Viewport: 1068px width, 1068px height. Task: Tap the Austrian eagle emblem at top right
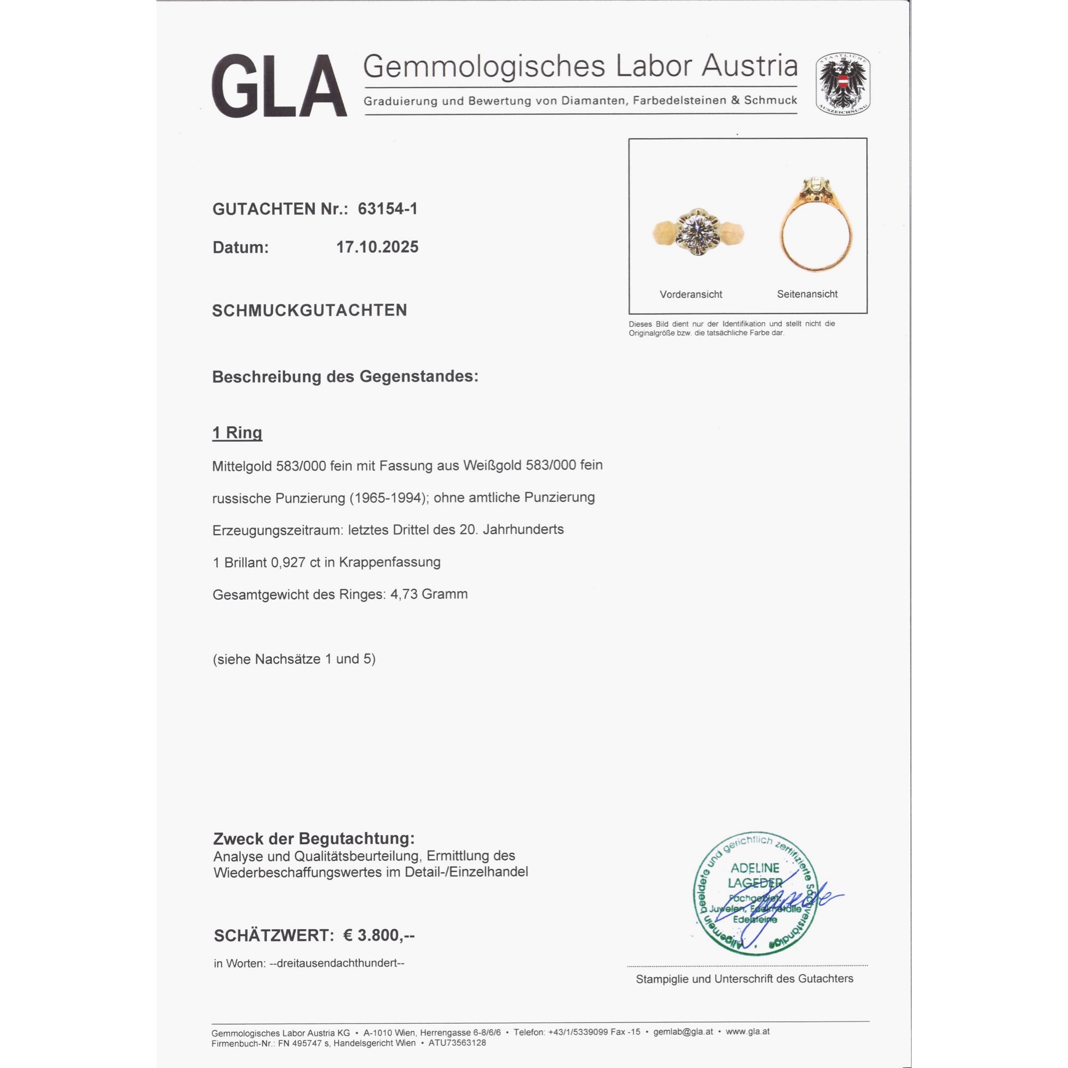pyautogui.click(x=843, y=84)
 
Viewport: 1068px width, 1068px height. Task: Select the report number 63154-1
pyautogui.click(x=388, y=209)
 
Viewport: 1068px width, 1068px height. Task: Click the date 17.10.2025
pyautogui.click(x=377, y=247)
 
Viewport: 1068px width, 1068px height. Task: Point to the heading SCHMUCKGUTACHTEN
pyautogui.click(x=310, y=310)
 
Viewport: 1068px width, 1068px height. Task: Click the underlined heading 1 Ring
pyautogui.click(x=237, y=433)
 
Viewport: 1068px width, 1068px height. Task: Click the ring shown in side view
pyautogui.click(x=815, y=226)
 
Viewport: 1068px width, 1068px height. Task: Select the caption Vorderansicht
pyautogui.click(x=690, y=295)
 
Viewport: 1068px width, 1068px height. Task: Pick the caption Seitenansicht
pyautogui.click(x=807, y=294)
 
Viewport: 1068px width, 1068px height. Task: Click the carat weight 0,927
pyautogui.click(x=288, y=562)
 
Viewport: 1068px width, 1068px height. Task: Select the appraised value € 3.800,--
pyautogui.click(x=379, y=936)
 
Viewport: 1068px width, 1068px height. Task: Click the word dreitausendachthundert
pyautogui.click(x=336, y=963)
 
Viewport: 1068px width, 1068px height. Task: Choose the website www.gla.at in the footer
pyautogui.click(x=748, y=1032)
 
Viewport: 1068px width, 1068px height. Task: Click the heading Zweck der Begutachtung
pyautogui.click(x=313, y=838)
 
